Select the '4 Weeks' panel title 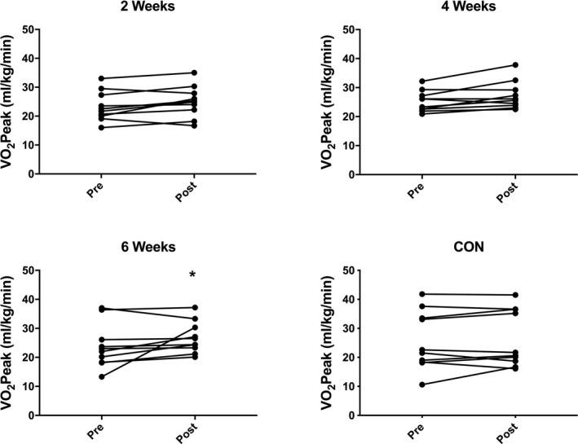pyautogui.click(x=444, y=8)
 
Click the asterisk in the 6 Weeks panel pyautogui.click(x=192, y=276)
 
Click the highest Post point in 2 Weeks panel pyautogui.click(x=192, y=73)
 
